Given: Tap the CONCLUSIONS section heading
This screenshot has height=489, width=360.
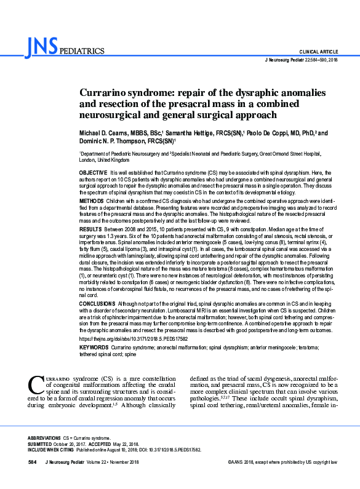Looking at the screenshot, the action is [x=98, y=304].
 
